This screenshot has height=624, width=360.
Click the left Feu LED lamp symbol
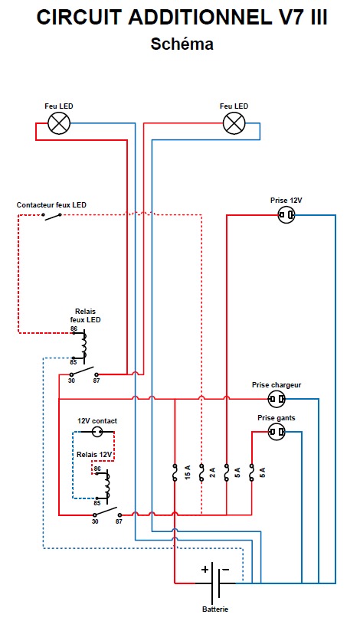point(59,123)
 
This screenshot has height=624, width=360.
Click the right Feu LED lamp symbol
point(234,123)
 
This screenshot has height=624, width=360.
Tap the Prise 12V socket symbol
point(286,215)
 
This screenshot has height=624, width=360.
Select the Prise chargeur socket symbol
point(277,399)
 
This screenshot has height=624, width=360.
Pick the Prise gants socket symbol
point(277,432)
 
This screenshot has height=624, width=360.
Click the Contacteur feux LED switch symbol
point(52,216)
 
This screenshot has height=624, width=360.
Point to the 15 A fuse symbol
point(175,472)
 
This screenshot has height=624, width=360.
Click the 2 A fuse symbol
point(201,472)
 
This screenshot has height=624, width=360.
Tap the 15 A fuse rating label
point(188,472)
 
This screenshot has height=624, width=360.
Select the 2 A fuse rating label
point(213,472)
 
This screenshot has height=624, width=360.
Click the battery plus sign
point(205,570)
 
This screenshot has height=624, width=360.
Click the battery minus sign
point(225,570)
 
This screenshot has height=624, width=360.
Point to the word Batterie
point(215,609)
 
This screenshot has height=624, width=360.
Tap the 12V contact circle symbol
point(98,431)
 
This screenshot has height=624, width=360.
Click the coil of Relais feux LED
point(84,346)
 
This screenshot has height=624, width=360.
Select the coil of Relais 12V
point(107,485)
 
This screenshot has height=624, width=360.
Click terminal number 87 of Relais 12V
point(119,521)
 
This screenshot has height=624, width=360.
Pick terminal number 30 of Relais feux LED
point(71,381)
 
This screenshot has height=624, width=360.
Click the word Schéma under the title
point(182,44)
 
